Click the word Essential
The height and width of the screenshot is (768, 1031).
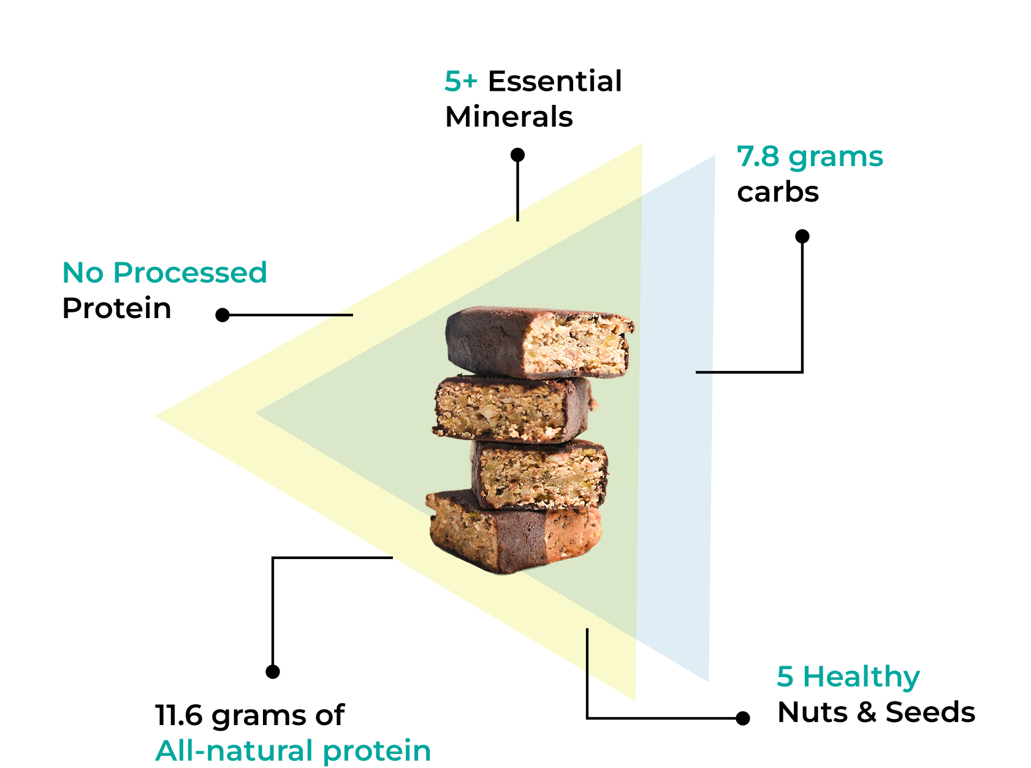pos(555,82)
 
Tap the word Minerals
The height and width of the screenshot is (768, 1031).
pos(509,116)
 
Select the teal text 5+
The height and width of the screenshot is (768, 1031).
pos(461,82)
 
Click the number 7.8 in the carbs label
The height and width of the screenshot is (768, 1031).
pos(758,157)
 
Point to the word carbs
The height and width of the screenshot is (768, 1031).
pos(778,192)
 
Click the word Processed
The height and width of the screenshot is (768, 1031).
pos(190,272)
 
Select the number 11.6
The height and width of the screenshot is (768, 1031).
pos(179,715)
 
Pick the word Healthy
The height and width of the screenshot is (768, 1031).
pos(861,677)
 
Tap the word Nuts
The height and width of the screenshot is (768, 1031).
pos(813,712)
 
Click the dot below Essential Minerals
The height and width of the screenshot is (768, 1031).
pos(517,155)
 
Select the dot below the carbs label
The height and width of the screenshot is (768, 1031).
pos(802,236)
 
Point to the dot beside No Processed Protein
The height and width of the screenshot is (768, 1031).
pos(223,315)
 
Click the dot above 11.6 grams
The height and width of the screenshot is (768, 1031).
pos(273,672)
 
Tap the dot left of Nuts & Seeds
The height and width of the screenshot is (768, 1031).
pos(743,718)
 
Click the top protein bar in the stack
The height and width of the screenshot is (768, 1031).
pos(539,343)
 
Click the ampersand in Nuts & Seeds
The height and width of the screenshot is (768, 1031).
pos(867,712)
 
